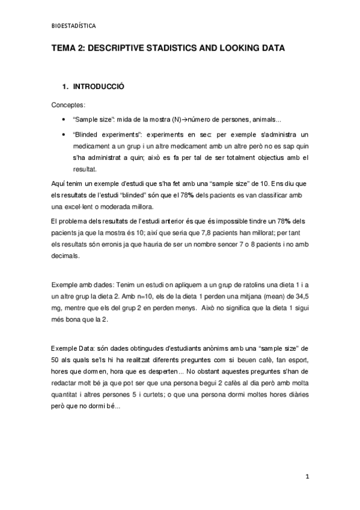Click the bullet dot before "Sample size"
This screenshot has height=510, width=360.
63,119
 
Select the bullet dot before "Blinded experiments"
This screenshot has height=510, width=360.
63,134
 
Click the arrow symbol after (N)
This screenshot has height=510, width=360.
185,119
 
